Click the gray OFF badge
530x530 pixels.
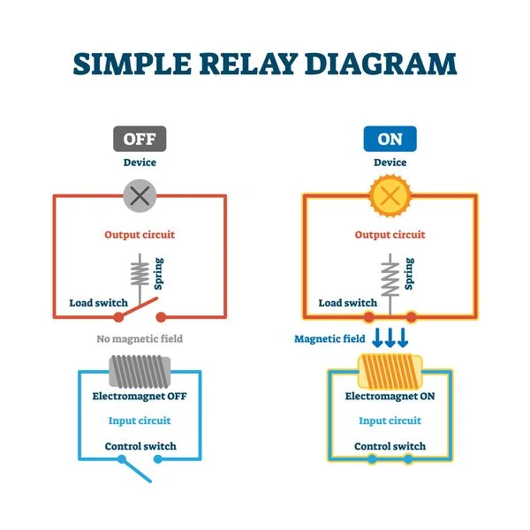[x=140, y=140]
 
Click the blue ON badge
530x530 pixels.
[x=390, y=140]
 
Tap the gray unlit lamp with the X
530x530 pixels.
[x=140, y=195]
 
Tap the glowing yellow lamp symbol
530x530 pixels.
[x=390, y=195]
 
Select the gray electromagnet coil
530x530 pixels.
[x=140, y=369]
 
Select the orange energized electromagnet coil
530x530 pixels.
[x=390, y=369]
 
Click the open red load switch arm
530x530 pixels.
[x=141, y=310]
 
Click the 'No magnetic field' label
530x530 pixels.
[x=140, y=338]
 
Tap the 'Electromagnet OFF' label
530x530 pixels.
[x=140, y=397]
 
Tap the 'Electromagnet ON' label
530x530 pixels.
[x=390, y=397]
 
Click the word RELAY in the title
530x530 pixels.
[x=265, y=64]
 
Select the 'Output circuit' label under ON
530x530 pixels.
[x=390, y=235]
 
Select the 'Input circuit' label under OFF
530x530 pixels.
[x=140, y=420]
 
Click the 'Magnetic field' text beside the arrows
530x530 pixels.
[x=329, y=338]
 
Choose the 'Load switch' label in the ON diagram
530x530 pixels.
[x=347, y=303]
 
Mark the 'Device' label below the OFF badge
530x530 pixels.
[x=140, y=163]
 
